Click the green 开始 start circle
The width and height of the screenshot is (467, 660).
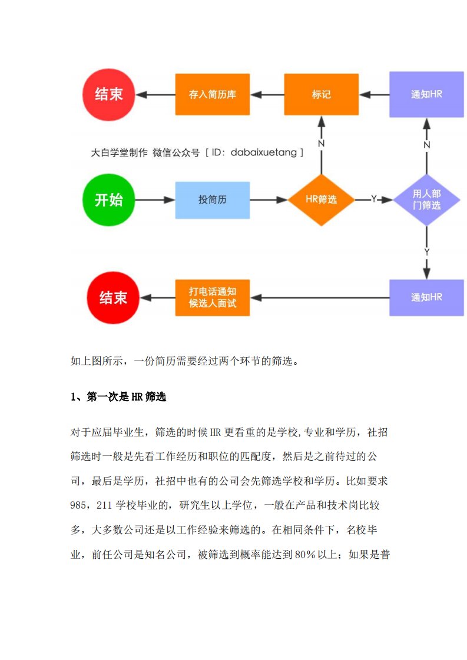[109, 200]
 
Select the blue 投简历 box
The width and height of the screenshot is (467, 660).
[212, 200]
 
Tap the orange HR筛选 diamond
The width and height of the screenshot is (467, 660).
[321, 200]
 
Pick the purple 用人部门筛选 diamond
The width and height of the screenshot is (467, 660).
[426, 200]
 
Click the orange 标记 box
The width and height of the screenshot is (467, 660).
[321, 94]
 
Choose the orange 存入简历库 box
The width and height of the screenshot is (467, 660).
[212, 94]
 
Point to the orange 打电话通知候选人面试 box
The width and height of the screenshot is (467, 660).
[212, 298]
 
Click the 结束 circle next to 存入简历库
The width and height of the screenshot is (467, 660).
[109, 94]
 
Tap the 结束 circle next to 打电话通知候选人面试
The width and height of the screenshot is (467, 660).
[113, 298]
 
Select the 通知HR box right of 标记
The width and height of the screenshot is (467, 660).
[426, 94]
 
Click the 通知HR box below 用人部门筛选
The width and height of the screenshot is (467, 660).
[426, 298]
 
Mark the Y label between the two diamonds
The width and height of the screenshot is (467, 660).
[373, 200]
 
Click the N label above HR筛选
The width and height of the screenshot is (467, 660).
[321, 144]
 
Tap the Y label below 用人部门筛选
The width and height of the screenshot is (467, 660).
[426, 252]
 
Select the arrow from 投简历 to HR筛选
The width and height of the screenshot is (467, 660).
[268, 200]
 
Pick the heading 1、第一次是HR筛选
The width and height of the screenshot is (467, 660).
[118, 397]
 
